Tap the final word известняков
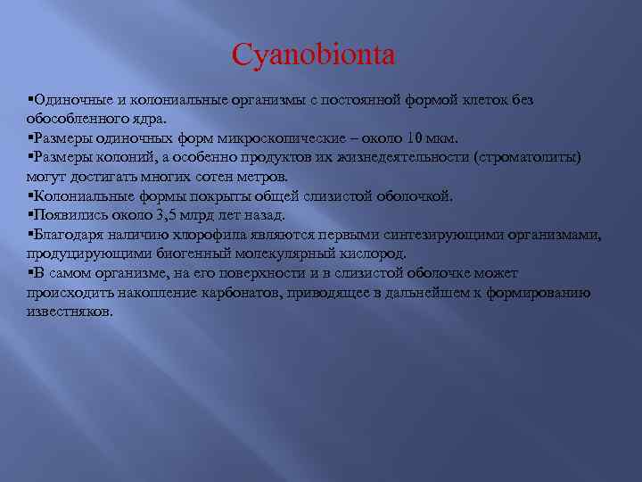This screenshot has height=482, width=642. (69, 312)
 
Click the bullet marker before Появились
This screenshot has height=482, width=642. (30, 215)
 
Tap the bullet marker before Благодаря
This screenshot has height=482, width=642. (30, 235)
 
